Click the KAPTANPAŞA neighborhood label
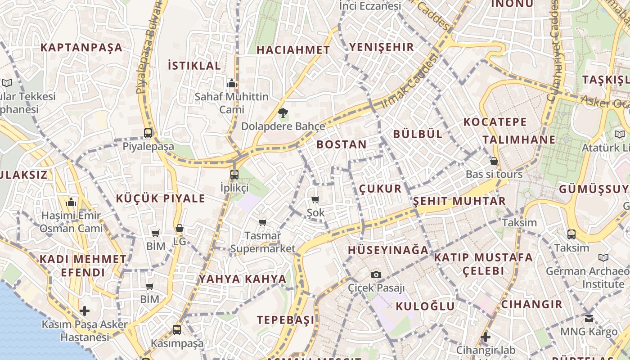pos(81,47)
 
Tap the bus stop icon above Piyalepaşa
pos(148,133)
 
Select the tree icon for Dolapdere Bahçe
pos(283,113)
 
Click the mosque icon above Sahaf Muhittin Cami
pos(232,83)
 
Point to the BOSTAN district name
pos(342,144)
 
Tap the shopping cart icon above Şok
pos(315,199)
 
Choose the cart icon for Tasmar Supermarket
pos(263,222)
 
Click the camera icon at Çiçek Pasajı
pos(376,274)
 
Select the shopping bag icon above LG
pos(180,229)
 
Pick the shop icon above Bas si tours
pos(494,161)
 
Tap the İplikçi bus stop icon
pos(234,175)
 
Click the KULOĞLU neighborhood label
pos(425,306)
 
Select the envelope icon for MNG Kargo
pos(589,319)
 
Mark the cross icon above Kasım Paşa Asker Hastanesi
pos(85,311)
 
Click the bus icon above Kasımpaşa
pos(177,330)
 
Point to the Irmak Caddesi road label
pos(409,81)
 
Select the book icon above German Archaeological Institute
pos(603,258)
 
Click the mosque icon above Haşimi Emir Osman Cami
pos(71,202)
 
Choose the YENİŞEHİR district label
pos(382,47)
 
